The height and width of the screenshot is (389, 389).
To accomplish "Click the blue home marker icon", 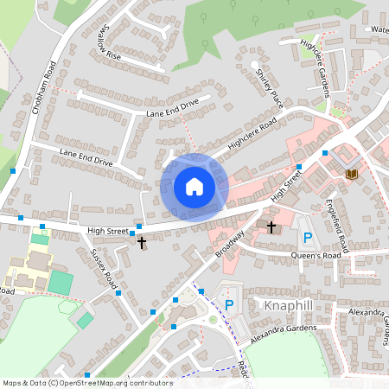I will pos(194,187).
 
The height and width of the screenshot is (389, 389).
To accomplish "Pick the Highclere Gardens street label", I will pos(315,68).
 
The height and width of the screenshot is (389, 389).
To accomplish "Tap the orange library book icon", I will pos(350,175).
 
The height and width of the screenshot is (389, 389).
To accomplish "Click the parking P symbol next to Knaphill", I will pos(229,304).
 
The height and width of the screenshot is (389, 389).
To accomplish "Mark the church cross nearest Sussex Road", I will pos(142,244).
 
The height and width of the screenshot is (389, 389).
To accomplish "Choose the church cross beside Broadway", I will pos(271,227).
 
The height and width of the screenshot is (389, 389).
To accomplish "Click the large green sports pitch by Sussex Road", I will pos(61,282).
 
